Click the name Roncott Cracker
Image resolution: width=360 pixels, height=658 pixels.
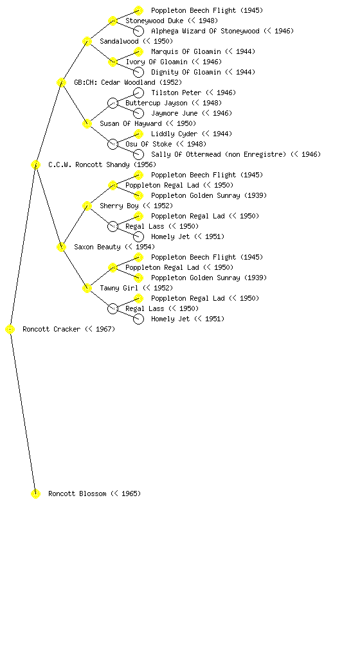click(x=51, y=330)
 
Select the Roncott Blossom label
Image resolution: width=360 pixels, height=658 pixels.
click(x=77, y=494)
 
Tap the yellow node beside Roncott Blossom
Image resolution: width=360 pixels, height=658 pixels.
click(x=35, y=493)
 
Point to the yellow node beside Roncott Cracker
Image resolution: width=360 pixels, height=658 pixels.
click(x=10, y=330)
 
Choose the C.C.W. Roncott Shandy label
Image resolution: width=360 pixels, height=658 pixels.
click(x=89, y=165)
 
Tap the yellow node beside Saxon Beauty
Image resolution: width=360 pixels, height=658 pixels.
click(x=61, y=247)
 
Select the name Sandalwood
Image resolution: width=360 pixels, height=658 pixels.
click(x=119, y=42)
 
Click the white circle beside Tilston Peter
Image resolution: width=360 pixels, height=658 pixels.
click(x=138, y=93)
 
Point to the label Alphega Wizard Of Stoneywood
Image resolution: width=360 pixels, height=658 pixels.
click(x=205, y=31)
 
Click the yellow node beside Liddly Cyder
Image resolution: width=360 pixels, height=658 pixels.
click(x=138, y=134)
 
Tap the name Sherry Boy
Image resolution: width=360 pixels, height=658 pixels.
click(x=119, y=206)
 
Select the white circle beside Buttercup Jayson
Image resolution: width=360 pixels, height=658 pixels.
click(x=113, y=103)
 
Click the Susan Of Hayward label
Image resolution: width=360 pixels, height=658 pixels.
click(x=130, y=124)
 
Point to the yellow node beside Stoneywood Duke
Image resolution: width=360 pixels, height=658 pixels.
click(x=113, y=21)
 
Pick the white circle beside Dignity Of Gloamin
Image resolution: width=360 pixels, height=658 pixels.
click(x=138, y=72)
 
